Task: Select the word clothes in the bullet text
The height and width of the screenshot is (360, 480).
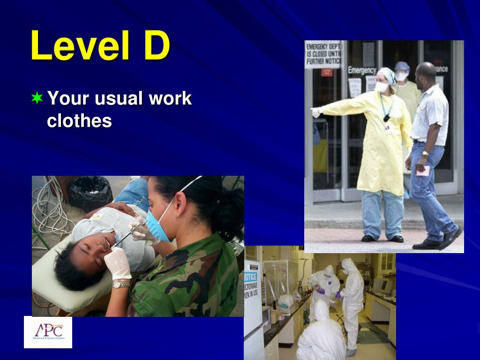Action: [x=79, y=121]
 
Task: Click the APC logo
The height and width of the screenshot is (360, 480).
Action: [x=48, y=332]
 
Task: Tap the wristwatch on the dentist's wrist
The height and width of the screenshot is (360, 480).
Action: [x=121, y=284]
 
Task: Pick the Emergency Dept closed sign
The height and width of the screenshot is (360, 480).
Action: [x=323, y=54]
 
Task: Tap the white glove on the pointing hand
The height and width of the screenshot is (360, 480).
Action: [x=316, y=112]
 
